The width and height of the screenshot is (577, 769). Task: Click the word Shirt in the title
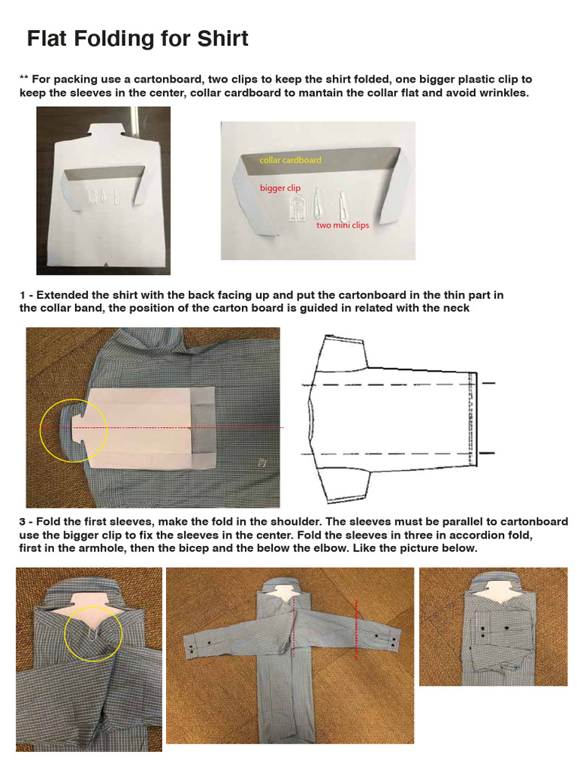click(222, 39)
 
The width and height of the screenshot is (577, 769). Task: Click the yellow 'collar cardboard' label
click(291, 160)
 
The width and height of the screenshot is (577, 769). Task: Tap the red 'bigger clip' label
click(280, 188)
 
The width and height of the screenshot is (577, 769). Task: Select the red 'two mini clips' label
click(343, 225)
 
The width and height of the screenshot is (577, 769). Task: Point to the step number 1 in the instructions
click(23, 295)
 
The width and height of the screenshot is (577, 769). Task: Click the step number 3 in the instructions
click(23, 522)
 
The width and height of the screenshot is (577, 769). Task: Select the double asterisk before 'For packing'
click(23, 78)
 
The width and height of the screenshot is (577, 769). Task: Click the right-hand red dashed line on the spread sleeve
click(356, 629)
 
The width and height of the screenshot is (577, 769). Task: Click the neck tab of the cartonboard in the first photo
click(104, 131)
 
